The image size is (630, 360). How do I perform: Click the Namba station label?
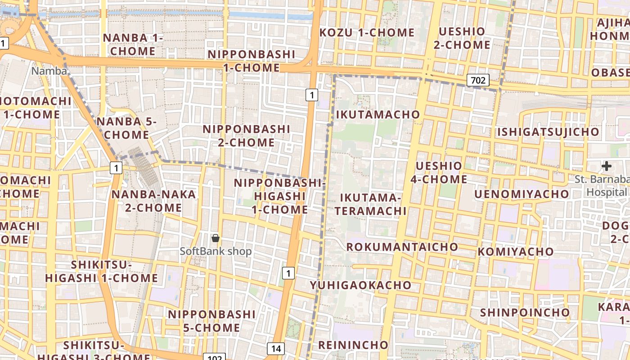coord(49,71)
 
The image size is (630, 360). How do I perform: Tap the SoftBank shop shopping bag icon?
coord(216,238)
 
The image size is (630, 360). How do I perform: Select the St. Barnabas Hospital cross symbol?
coord(606,166)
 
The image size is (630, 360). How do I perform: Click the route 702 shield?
coord(477,81)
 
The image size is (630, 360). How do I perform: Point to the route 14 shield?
coord(275,348)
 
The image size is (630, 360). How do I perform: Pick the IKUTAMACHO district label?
coord(378,115)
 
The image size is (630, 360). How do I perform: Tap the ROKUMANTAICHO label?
coord(402,247)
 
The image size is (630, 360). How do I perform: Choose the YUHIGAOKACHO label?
coord(360,285)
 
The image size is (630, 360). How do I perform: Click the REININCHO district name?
coord(353,345)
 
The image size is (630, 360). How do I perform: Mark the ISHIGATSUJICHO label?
coord(548,132)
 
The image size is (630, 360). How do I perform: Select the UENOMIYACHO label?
coord(522,194)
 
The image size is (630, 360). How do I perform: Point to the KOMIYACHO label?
coord(516,252)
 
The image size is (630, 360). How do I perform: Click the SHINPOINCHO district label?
coord(525,312)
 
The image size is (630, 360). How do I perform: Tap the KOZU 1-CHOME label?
coord(367,32)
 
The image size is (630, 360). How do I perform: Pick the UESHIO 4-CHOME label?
coord(439,172)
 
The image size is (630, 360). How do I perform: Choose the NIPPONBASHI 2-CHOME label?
coord(246,135)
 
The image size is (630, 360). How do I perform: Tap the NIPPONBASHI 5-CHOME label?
coord(211,320)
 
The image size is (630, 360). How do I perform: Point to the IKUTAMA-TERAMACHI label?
coord(370,204)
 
